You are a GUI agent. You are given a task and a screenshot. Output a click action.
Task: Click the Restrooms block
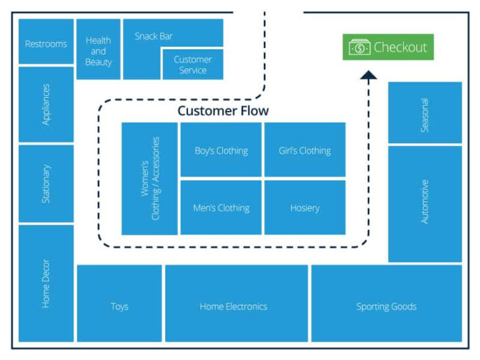[46, 43]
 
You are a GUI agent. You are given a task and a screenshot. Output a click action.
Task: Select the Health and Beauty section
[98, 50]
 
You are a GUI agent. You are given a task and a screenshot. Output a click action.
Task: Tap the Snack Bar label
[154, 36]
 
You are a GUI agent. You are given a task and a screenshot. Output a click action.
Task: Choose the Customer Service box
[193, 64]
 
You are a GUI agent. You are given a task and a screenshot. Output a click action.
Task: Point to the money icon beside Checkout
[360, 47]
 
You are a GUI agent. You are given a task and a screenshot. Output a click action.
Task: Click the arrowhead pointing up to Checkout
[368, 76]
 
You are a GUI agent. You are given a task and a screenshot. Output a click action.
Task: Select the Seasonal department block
[425, 113]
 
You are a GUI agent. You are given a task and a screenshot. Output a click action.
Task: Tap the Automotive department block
[425, 203]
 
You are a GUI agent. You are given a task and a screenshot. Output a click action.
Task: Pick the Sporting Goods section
[386, 305]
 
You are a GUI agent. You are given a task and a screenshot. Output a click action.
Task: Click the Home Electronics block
[233, 305]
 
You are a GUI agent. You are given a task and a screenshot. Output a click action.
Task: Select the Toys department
[120, 305]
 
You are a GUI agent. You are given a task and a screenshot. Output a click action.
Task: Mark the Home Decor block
[46, 282]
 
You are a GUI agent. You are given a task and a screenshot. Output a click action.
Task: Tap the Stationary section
[46, 183]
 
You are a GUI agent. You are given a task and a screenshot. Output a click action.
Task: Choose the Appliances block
[46, 104]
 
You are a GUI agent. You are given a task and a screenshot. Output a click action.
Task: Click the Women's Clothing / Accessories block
[150, 178]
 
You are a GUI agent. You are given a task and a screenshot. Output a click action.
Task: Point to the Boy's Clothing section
[221, 150]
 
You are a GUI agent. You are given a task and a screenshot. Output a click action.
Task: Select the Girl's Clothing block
[304, 150]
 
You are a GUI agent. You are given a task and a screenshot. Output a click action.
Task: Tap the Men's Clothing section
[221, 208]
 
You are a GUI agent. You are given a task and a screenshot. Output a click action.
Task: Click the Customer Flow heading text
[223, 111]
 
